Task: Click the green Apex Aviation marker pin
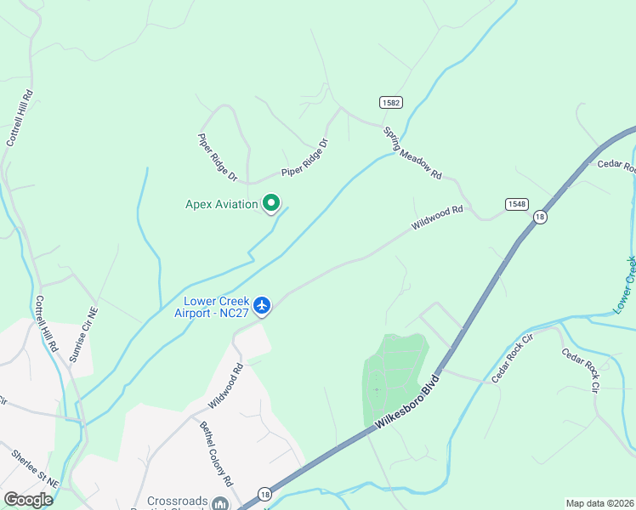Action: coord(271,203)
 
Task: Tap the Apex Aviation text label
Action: coord(221,204)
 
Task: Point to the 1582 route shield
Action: coord(391,103)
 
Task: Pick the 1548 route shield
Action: coord(516,204)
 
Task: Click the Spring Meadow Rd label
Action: coord(412,153)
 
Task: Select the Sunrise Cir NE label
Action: coord(82,335)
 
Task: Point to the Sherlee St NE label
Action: coord(35,468)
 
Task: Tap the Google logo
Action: coord(28,500)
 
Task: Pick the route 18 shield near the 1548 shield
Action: coord(540,218)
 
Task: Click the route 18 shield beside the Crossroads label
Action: coord(264,494)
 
